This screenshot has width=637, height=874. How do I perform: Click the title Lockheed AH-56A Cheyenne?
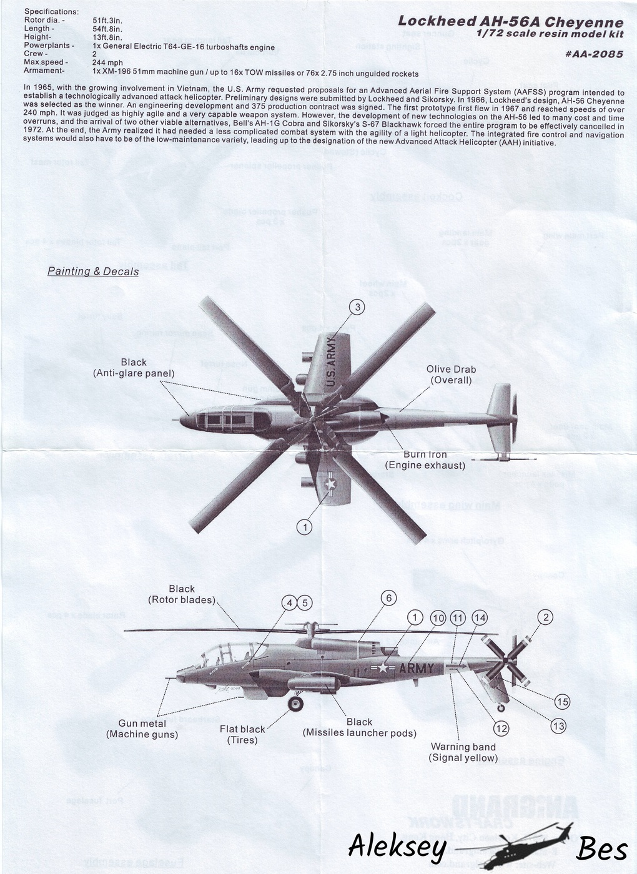[x=510, y=21]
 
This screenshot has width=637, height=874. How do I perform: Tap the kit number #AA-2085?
[x=593, y=54]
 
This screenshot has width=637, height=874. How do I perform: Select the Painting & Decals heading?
[x=93, y=271]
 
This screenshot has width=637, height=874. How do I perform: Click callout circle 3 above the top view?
[x=357, y=307]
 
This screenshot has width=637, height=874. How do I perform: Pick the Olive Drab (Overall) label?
[x=451, y=375]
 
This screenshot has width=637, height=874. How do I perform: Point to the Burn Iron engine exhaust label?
[x=425, y=459]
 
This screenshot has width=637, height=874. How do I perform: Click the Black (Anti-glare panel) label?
[x=134, y=368]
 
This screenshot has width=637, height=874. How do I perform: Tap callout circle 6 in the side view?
[x=388, y=598]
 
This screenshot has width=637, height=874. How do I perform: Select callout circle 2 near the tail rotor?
[x=546, y=617]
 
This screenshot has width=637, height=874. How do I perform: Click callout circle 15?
[x=562, y=702]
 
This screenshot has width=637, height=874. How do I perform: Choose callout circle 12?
[x=501, y=728]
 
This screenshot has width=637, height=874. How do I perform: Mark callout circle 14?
[x=479, y=618]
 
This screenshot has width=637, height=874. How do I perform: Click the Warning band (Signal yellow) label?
[x=463, y=752]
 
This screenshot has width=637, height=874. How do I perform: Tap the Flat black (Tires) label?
[x=242, y=734]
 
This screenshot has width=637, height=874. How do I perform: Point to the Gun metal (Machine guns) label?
[x=142, y=729]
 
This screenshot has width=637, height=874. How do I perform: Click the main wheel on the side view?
[x=295, y=704]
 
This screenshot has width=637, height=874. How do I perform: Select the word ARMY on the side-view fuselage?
[x=416, y=669]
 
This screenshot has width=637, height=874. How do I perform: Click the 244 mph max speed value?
[x=107, y=62]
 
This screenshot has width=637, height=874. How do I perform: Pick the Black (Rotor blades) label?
[x=182, y=594]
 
